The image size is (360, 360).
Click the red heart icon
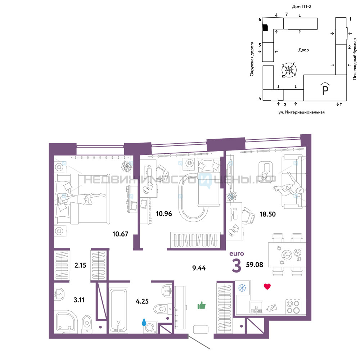click(x=267, y=286)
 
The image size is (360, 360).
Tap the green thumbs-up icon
click(x=202, y=305)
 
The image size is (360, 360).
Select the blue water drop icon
click(x=144, y=322)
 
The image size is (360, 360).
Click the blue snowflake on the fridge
click(x=242, y=288)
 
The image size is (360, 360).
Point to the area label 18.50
click(x=267, y=214)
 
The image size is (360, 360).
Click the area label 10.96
click(x=164, y=214)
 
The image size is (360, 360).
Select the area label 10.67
click(x=120, y=234)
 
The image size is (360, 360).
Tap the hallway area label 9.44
click(x=199, y=268)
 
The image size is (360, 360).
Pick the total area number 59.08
click(x=255, y=265)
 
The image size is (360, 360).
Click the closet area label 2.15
click(x=80, y=265)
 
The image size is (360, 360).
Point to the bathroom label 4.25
click(x=142, y=301)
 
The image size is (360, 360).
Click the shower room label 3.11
click(x=79, y=300)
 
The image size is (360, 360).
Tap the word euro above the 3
click(x=237, y=254)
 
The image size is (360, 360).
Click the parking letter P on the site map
click(x=325, y=90)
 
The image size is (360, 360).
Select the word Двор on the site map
click(x=303, y=50)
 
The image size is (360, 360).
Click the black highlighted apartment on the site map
click(x=265, y=28)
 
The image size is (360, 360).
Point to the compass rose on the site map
click(x=289, y=69)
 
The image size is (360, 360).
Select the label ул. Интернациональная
click(x=301, y=112)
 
